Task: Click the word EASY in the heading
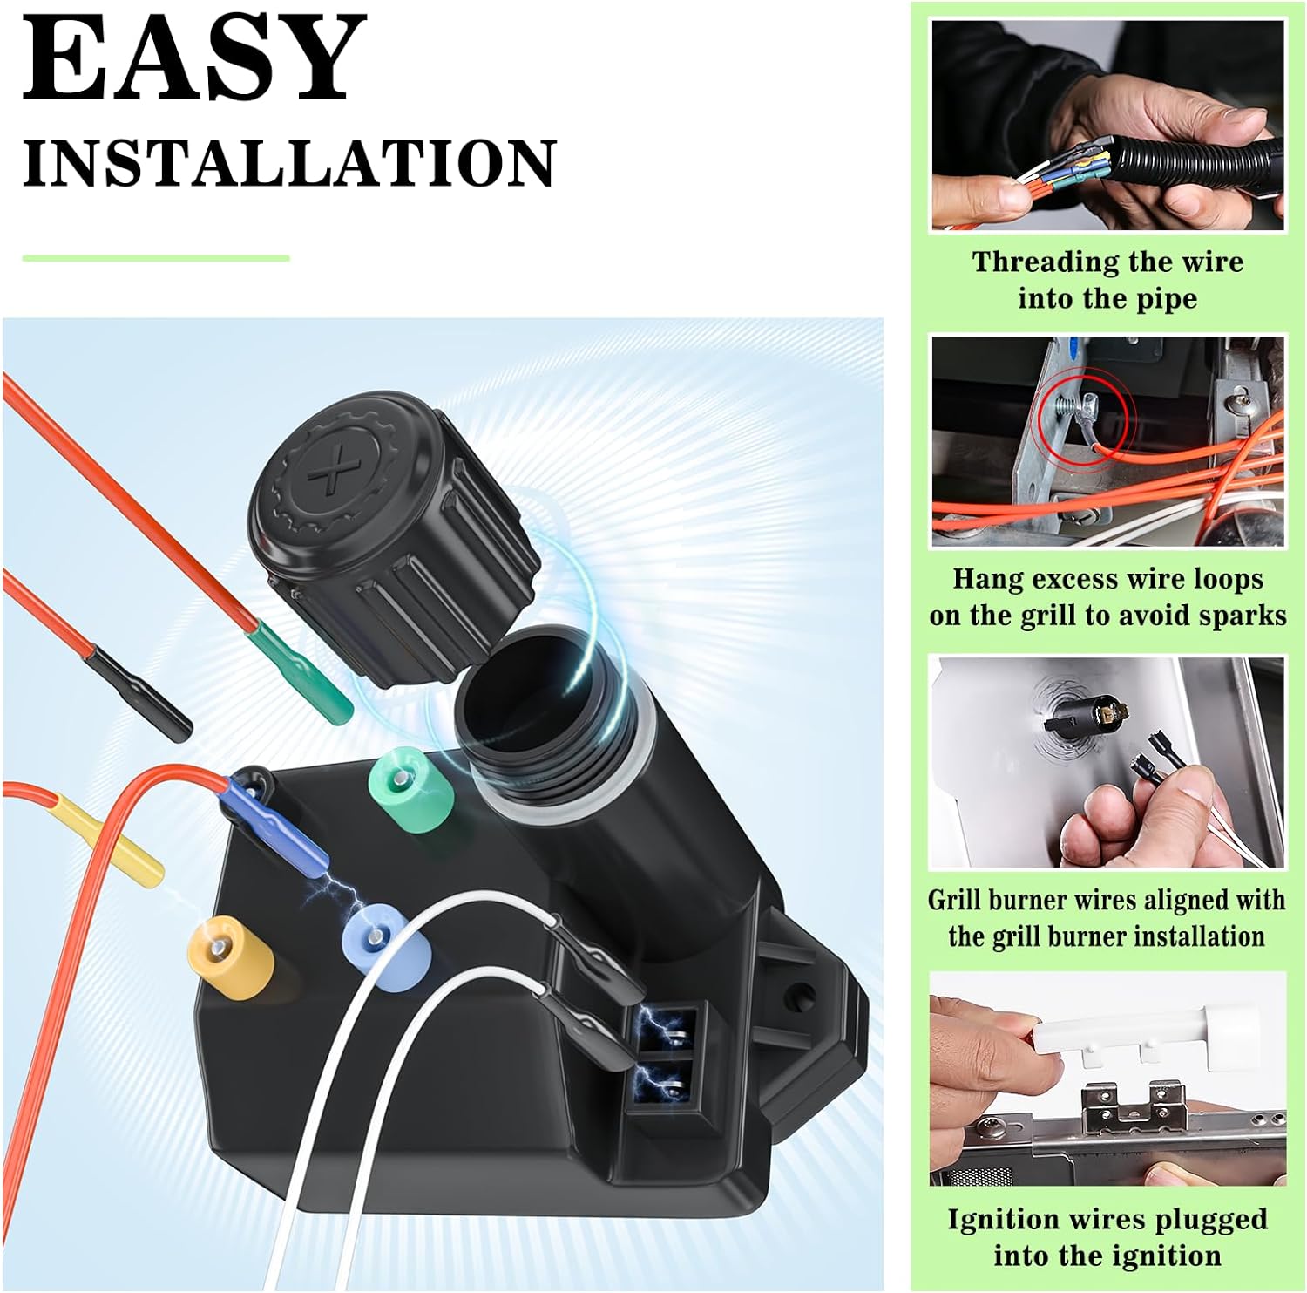coord(193,58)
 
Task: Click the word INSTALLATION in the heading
coord(288,163)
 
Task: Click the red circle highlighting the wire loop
coord(1082,417)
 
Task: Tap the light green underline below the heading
coord(156,258)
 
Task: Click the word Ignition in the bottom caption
coord(1011,1221)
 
